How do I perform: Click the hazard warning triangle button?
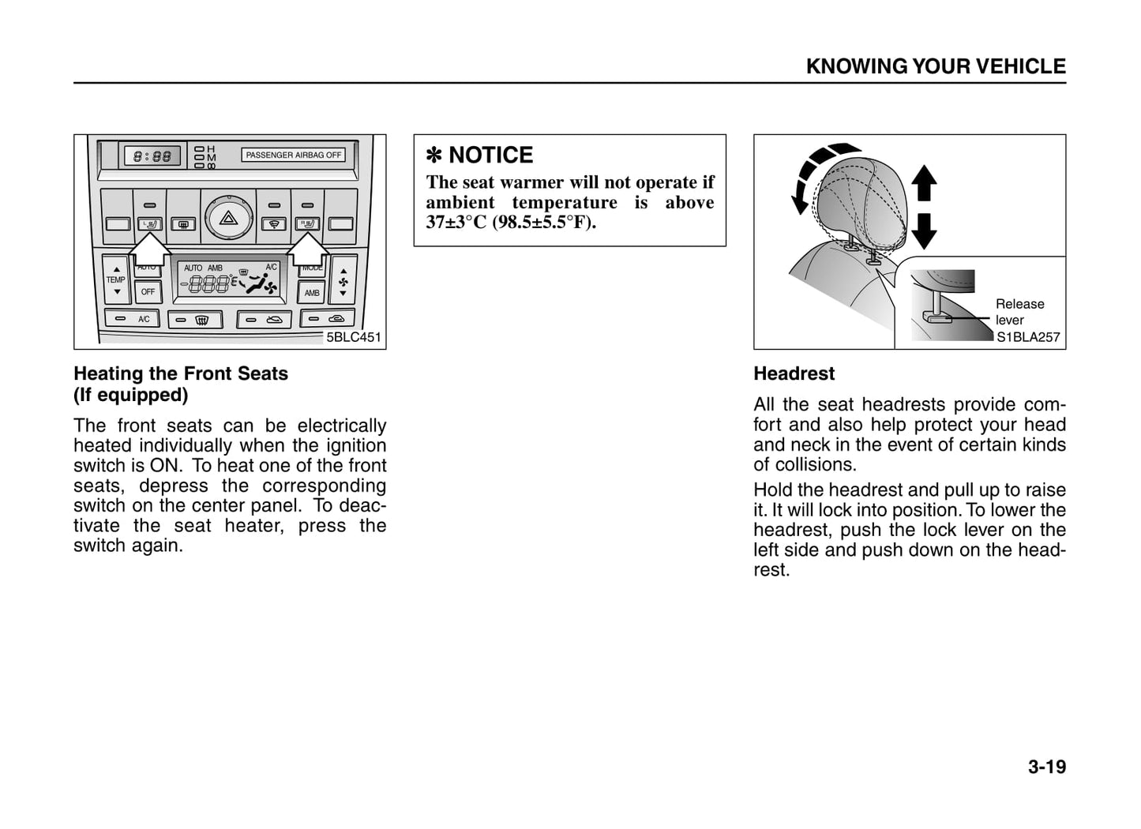pos(228,217)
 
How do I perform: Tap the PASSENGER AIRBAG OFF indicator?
pos(293,155)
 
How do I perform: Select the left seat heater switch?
pos(149,225)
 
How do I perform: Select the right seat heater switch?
pos(307,225)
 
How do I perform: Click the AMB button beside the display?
pos(312,293)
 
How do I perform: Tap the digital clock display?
pos(152,156)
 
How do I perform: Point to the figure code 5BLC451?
pos(353,337)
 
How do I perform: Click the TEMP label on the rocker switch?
pos(115,279)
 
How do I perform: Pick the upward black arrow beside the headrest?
pos(924,183)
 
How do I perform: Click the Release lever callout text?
pos(1019,312)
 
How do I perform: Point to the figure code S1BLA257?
pos(1027,337)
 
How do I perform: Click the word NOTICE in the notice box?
pos(490,155)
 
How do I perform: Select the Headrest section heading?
pos(794,373)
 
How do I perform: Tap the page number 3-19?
pos(1046,767)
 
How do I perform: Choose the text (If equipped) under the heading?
pos(131,395)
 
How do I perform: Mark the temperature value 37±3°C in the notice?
pos(456,222)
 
